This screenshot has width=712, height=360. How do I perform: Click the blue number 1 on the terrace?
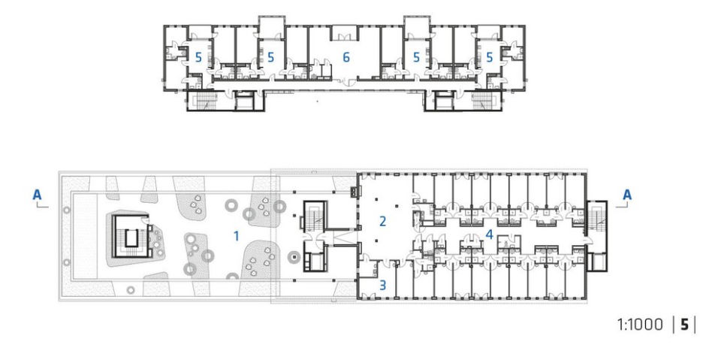[x=236, y=236]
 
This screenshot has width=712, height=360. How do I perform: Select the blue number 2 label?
[x=382, y=222]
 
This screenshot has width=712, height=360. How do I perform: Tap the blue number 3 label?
[x=382, y=285]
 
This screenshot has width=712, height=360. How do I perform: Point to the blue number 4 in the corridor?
[x=489, y=234]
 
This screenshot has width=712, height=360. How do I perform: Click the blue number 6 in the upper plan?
[x=346, y=57]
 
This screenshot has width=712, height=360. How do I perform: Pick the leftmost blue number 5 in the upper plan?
[x=198, y=57]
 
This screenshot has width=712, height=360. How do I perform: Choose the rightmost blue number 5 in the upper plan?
[x=489, y=57]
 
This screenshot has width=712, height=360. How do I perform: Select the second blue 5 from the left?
[x=270, y=57]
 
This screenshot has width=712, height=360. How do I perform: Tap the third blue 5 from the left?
[x=416, y=57]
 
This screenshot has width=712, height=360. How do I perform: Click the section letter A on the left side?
[x=37, y=195]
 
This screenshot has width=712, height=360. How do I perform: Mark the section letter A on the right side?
[x=626, y=195]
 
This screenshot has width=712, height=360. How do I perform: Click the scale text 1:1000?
[x=640, y=325]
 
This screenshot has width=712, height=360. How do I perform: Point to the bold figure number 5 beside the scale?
[x=684, y=325]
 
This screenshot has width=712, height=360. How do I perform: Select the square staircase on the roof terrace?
[x=131, y=236]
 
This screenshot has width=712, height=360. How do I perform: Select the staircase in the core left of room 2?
[x=313, y=216]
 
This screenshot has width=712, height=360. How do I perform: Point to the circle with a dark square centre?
[x=294, y=259]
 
